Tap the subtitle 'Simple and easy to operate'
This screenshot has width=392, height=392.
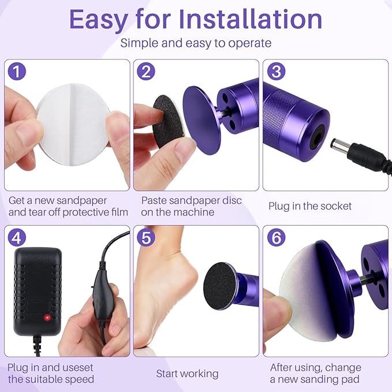pos(196,43)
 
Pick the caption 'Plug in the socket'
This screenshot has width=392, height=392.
pos(309,206)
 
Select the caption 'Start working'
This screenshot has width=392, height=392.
pos(187,374)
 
